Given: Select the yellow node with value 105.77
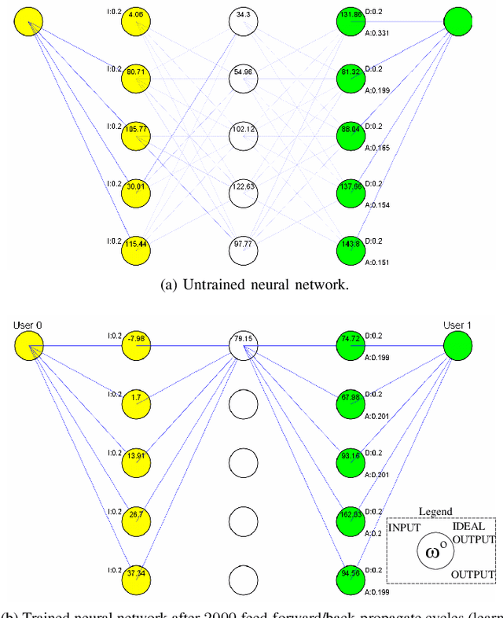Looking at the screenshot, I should pyautogui.click(x=136, y=134).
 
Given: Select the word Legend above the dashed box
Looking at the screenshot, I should pyautogui.click(x=435, y=511).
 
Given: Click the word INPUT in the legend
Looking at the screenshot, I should pyautogui.click(x=406, y=527).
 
